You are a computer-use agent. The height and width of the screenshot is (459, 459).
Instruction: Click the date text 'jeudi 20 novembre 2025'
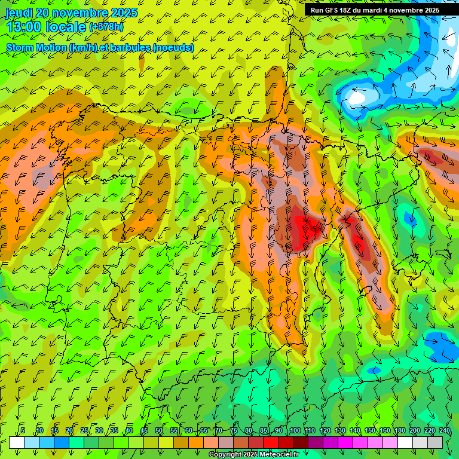pos(71,13)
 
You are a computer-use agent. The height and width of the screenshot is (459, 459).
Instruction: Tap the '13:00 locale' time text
pos(46,27)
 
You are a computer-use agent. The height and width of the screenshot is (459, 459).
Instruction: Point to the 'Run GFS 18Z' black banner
pos(375,10)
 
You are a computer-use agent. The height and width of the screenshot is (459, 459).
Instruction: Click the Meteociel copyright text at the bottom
pos(253,455)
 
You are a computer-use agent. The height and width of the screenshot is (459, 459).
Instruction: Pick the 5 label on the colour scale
pos(23,430)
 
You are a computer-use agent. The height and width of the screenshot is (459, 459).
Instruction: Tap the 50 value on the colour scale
pos(158,430)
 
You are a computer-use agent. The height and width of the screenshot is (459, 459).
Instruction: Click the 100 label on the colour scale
pos(295,430)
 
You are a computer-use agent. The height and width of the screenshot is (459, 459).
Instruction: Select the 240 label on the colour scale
pos(444,430)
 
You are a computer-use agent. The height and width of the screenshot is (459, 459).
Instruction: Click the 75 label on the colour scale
pos(233,430)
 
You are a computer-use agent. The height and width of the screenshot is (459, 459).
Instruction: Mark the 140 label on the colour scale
pos(355,430)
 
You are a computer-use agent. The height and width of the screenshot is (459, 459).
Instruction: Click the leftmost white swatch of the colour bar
pos(16,442)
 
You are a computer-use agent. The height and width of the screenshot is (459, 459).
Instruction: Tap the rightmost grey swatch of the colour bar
pos(435,442)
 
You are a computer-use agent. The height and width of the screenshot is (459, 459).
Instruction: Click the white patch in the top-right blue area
pos(357,96)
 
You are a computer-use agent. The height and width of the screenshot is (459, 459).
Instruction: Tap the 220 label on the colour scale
pos(429,430)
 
